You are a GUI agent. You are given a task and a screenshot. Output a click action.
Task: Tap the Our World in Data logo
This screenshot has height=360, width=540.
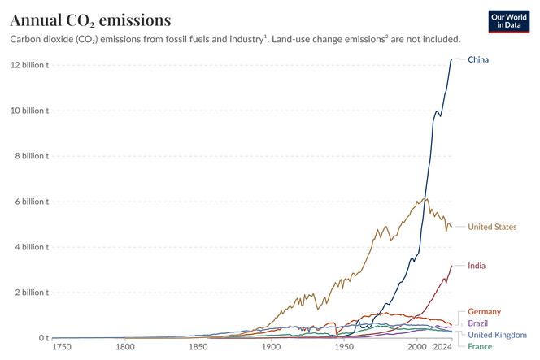tap(510, 22)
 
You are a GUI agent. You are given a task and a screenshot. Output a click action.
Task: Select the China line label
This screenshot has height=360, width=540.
tap(478, 60)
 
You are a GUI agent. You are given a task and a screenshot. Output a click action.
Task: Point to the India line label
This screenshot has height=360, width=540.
tap(477, 266)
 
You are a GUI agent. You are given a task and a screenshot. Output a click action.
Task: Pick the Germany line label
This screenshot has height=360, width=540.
tap(485, 312)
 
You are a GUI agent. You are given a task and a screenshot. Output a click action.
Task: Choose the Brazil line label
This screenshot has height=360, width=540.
tap(478, 323)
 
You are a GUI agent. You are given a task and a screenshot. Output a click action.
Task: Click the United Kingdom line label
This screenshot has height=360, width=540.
tap(498, 335)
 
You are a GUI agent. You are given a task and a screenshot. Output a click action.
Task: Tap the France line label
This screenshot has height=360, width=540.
tap(480, 346)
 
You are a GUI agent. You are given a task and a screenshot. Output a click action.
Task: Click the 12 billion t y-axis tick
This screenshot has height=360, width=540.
tap(29, 65)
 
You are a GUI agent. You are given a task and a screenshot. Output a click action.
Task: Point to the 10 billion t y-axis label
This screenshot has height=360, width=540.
tap(29, 111)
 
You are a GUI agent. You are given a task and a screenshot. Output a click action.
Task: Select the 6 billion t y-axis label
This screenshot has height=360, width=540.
tap(32, 202)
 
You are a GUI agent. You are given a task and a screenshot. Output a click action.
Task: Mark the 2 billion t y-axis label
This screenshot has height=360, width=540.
tap(32, 293)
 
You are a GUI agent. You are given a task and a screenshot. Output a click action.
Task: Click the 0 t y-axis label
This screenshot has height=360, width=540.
tap(40, 338)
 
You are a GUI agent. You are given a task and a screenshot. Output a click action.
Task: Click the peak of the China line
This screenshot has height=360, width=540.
tap(452, 59)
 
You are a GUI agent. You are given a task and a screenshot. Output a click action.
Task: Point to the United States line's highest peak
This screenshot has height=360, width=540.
tap(426, 198)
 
